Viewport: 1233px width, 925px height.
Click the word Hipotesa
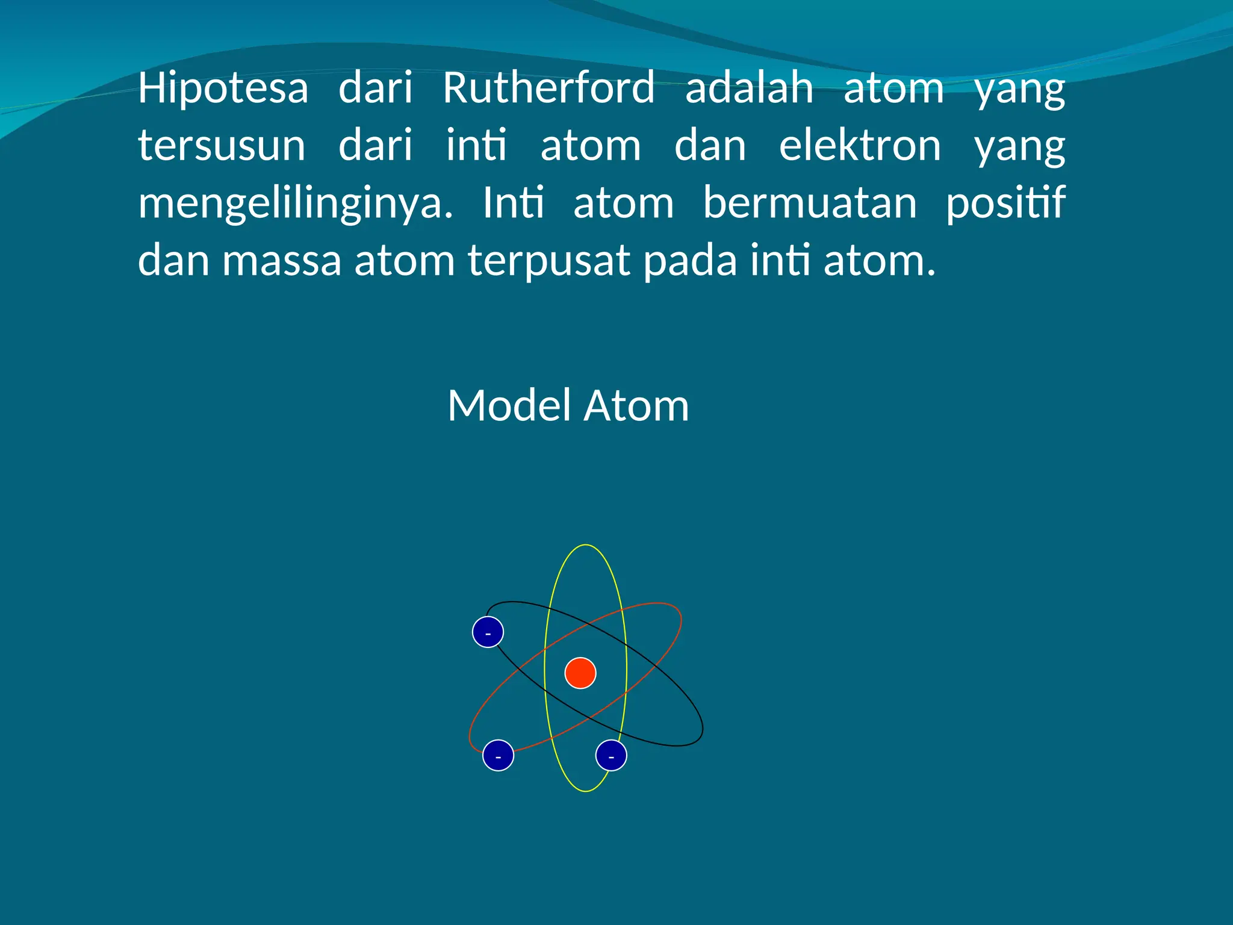coord(223,88)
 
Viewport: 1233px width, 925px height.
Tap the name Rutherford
coord(548,88)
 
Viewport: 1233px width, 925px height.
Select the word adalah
coord(749,88)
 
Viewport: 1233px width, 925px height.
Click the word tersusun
coord(222,146)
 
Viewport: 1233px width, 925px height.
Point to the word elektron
coord(860,146)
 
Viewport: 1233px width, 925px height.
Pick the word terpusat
coord(549,261)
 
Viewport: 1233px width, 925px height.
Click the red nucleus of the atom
coord(580,673)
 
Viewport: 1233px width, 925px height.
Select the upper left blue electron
coord(488,632)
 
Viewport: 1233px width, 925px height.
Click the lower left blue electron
coord(498,755)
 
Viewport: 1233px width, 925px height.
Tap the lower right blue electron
coord(611,755)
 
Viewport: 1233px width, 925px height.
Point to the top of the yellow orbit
coord(585,546)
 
